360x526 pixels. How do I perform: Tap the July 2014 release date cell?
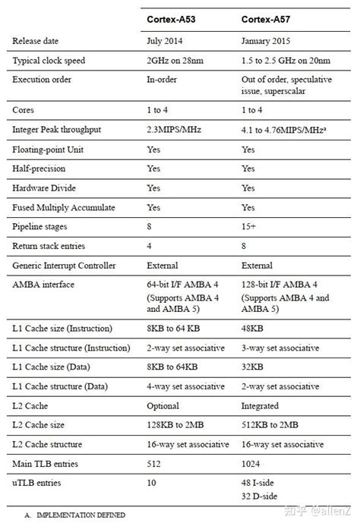(x=165, y=39)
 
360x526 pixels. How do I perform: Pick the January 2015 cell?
(x=267, y=39)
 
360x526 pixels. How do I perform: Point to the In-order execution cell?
(x=162, y=79)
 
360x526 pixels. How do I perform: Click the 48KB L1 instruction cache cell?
(x=252, y=329)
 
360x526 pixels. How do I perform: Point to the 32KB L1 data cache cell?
(x=252, y=367)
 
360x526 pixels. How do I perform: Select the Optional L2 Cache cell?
(x=163, y=405)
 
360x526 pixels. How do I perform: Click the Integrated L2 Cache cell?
(x=260, y=405)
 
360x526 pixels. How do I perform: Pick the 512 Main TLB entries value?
(x=154, y=463)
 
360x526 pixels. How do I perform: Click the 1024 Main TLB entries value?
(x=251, y=463)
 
